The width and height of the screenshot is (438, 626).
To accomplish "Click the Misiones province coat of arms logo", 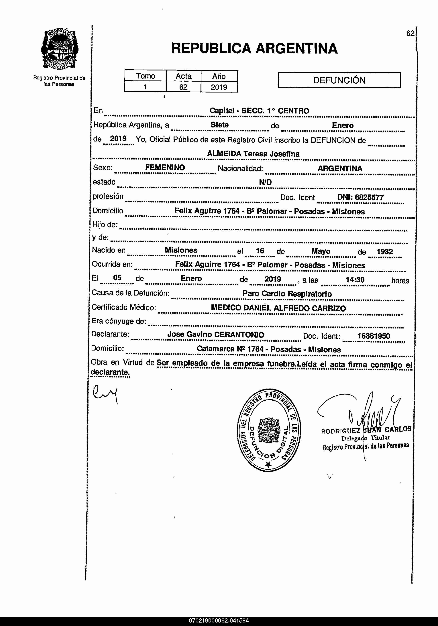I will coord(59,50).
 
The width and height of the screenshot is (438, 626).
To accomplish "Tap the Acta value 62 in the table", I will coord(183,87).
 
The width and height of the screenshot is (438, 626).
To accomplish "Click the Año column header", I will coord(219,76).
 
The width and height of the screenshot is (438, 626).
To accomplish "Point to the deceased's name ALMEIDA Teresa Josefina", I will coord(253,154).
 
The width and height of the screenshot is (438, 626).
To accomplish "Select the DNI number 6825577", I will coord(369,197).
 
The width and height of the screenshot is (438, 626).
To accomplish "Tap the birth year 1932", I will coord(384,251).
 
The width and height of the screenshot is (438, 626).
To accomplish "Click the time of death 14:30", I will coord(355,279).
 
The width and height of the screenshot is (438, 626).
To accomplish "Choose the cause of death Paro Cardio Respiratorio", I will coord(287,294).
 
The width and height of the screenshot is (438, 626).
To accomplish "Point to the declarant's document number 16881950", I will coord(374,336).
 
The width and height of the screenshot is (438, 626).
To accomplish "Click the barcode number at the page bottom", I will coord(219,621).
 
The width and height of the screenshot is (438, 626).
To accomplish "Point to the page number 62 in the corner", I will coord(410,33).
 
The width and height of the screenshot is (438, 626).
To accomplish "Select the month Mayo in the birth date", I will coord(321,251).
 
